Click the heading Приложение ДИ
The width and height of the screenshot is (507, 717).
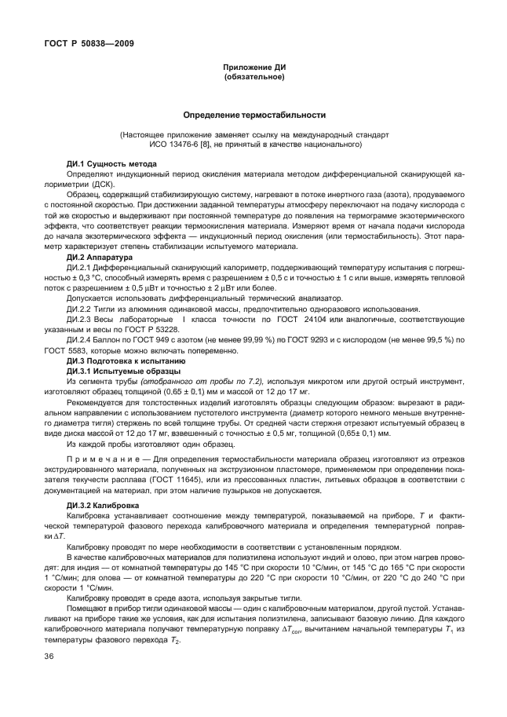[253, 69]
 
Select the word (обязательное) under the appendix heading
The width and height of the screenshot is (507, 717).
[253, 79]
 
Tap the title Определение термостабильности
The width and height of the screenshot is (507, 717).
[253, 115]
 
